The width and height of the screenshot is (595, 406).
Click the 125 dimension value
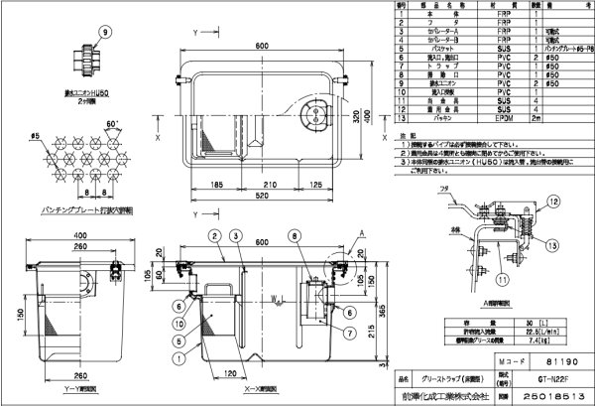[x=314, y=183]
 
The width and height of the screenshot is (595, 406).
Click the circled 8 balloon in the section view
[x=294, y=235]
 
